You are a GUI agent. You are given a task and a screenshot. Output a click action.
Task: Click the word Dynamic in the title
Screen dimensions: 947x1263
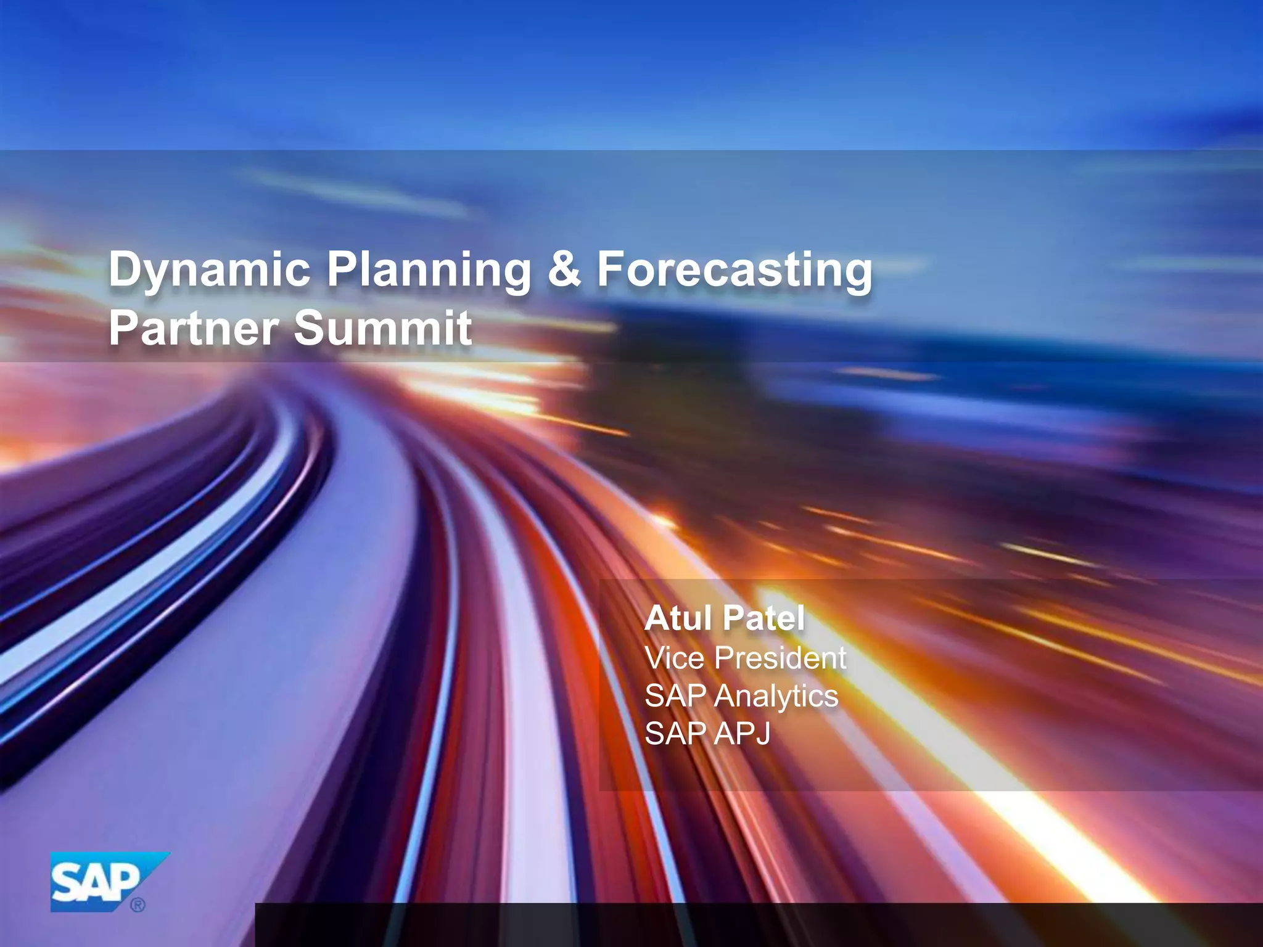tap(209, 269)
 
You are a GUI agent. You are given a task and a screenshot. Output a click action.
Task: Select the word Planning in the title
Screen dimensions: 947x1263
tap(429, 269)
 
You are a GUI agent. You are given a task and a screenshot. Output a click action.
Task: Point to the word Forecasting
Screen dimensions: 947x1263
tap(734, 269)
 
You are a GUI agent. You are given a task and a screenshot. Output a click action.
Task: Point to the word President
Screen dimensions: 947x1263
tap(780, 657)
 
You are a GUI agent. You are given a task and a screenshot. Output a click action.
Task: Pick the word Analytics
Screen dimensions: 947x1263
tap(776, 696)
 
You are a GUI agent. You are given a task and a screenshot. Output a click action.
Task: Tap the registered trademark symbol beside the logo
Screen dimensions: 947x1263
tap(138, 905)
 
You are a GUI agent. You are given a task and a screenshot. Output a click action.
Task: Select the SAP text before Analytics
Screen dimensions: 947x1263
tap(675, 696)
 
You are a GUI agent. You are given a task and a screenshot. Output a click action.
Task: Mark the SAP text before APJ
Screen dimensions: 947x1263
tap(675, 734)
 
